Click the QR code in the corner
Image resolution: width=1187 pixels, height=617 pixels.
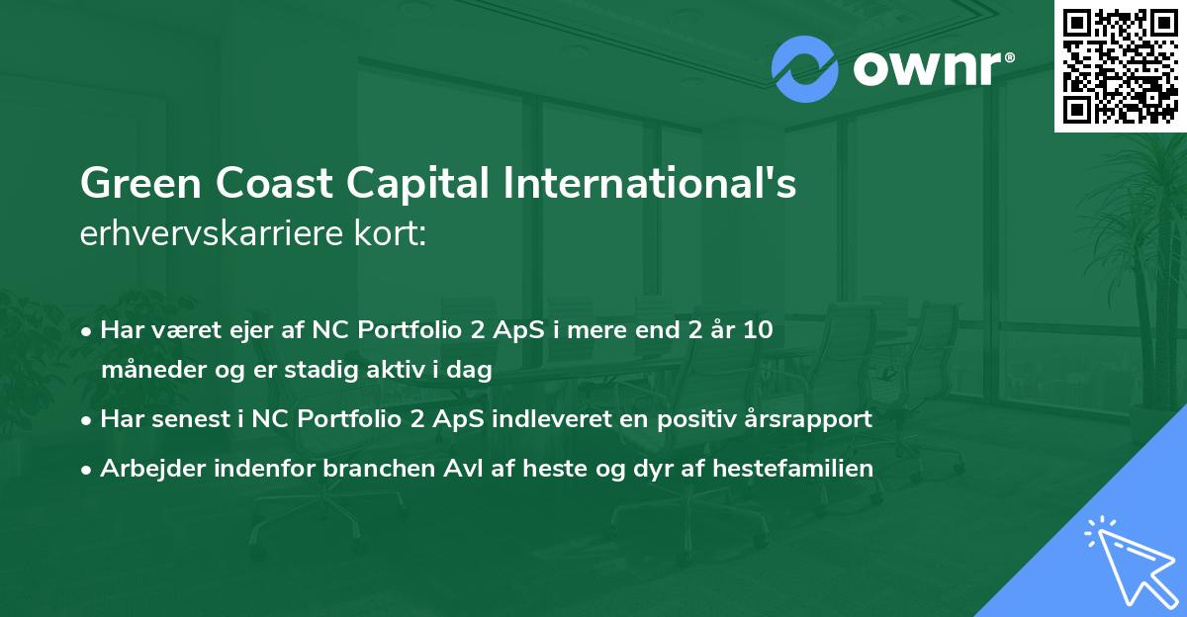click(1120, 65)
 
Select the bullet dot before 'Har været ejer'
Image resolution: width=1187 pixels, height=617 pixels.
click(90, 331)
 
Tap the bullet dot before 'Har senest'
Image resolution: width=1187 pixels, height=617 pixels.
click(90, 419)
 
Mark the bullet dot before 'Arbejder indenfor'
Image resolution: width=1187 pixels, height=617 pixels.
click(90, 469)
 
